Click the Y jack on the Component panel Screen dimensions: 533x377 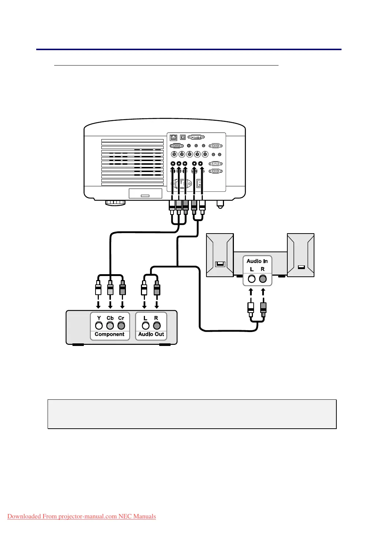99,325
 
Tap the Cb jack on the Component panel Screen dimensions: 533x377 110,325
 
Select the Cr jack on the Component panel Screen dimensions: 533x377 121,325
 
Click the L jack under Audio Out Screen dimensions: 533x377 146,325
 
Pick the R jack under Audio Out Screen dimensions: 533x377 157,325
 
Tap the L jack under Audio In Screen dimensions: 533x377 251,279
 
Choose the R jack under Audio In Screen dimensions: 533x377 263,279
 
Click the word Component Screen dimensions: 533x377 109,334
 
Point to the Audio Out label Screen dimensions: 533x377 151,334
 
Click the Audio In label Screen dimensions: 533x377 257,261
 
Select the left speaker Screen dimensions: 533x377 220,255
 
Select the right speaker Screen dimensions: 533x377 301,255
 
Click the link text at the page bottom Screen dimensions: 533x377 82,517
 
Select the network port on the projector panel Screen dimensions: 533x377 173,137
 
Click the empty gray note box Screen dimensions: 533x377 192,414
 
